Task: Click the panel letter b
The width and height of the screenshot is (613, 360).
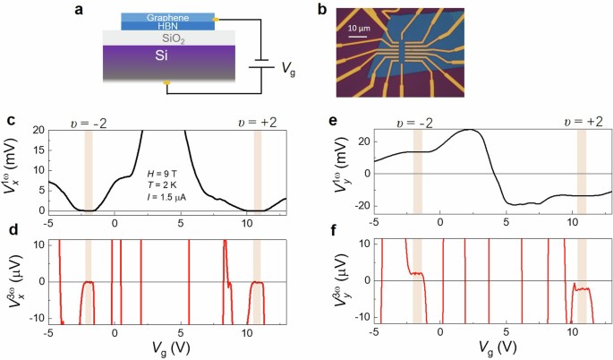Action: coord(324,8)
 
